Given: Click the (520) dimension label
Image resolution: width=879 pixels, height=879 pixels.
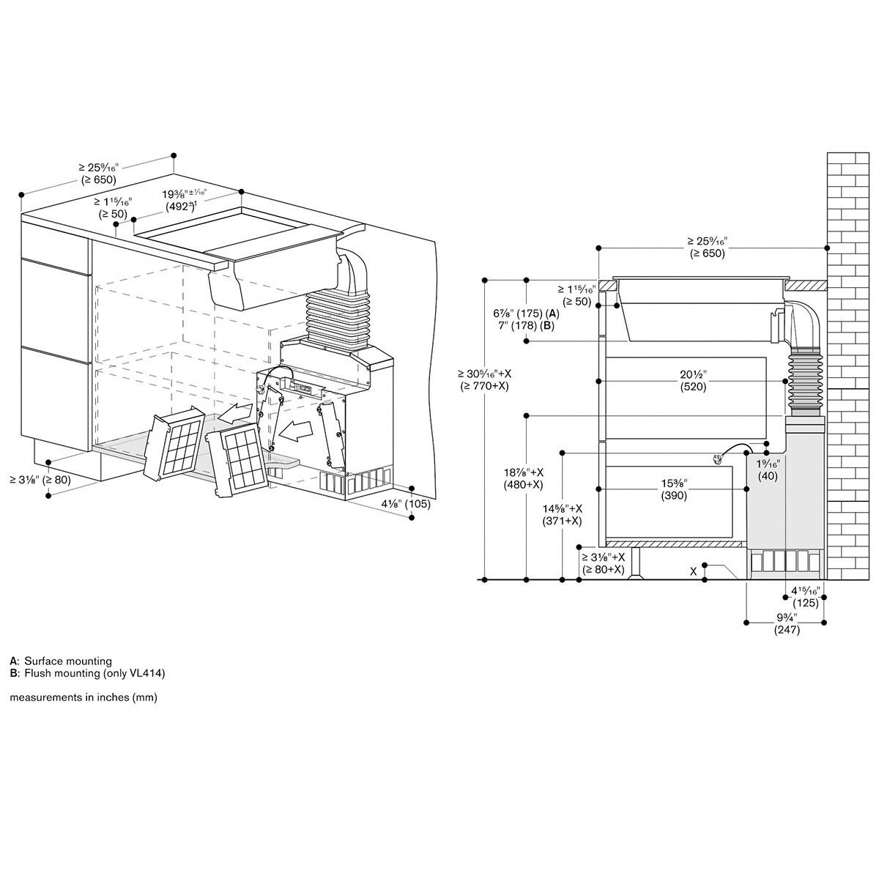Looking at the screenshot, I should [x=691, y=386].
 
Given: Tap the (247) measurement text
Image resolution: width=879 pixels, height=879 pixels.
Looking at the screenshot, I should [x=787, y=629].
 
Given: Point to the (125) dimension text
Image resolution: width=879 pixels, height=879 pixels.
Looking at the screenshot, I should [x=806, y=603].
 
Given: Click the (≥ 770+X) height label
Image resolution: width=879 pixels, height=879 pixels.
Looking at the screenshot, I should [x=483, y=385].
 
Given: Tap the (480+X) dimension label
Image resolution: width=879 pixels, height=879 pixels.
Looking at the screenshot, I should [x=522, y=484].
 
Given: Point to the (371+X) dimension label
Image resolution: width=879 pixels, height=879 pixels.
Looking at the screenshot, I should [x=562, y=521].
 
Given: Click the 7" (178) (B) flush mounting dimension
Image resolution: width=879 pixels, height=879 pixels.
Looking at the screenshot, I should [x=524, y=325].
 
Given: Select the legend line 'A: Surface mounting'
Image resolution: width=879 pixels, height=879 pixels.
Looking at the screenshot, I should [x=61, y=661].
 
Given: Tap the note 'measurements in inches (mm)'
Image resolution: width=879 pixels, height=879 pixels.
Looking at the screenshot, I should [x=84, y=697].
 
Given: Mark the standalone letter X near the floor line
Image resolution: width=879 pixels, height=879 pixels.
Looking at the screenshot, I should [x=693, y=571].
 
